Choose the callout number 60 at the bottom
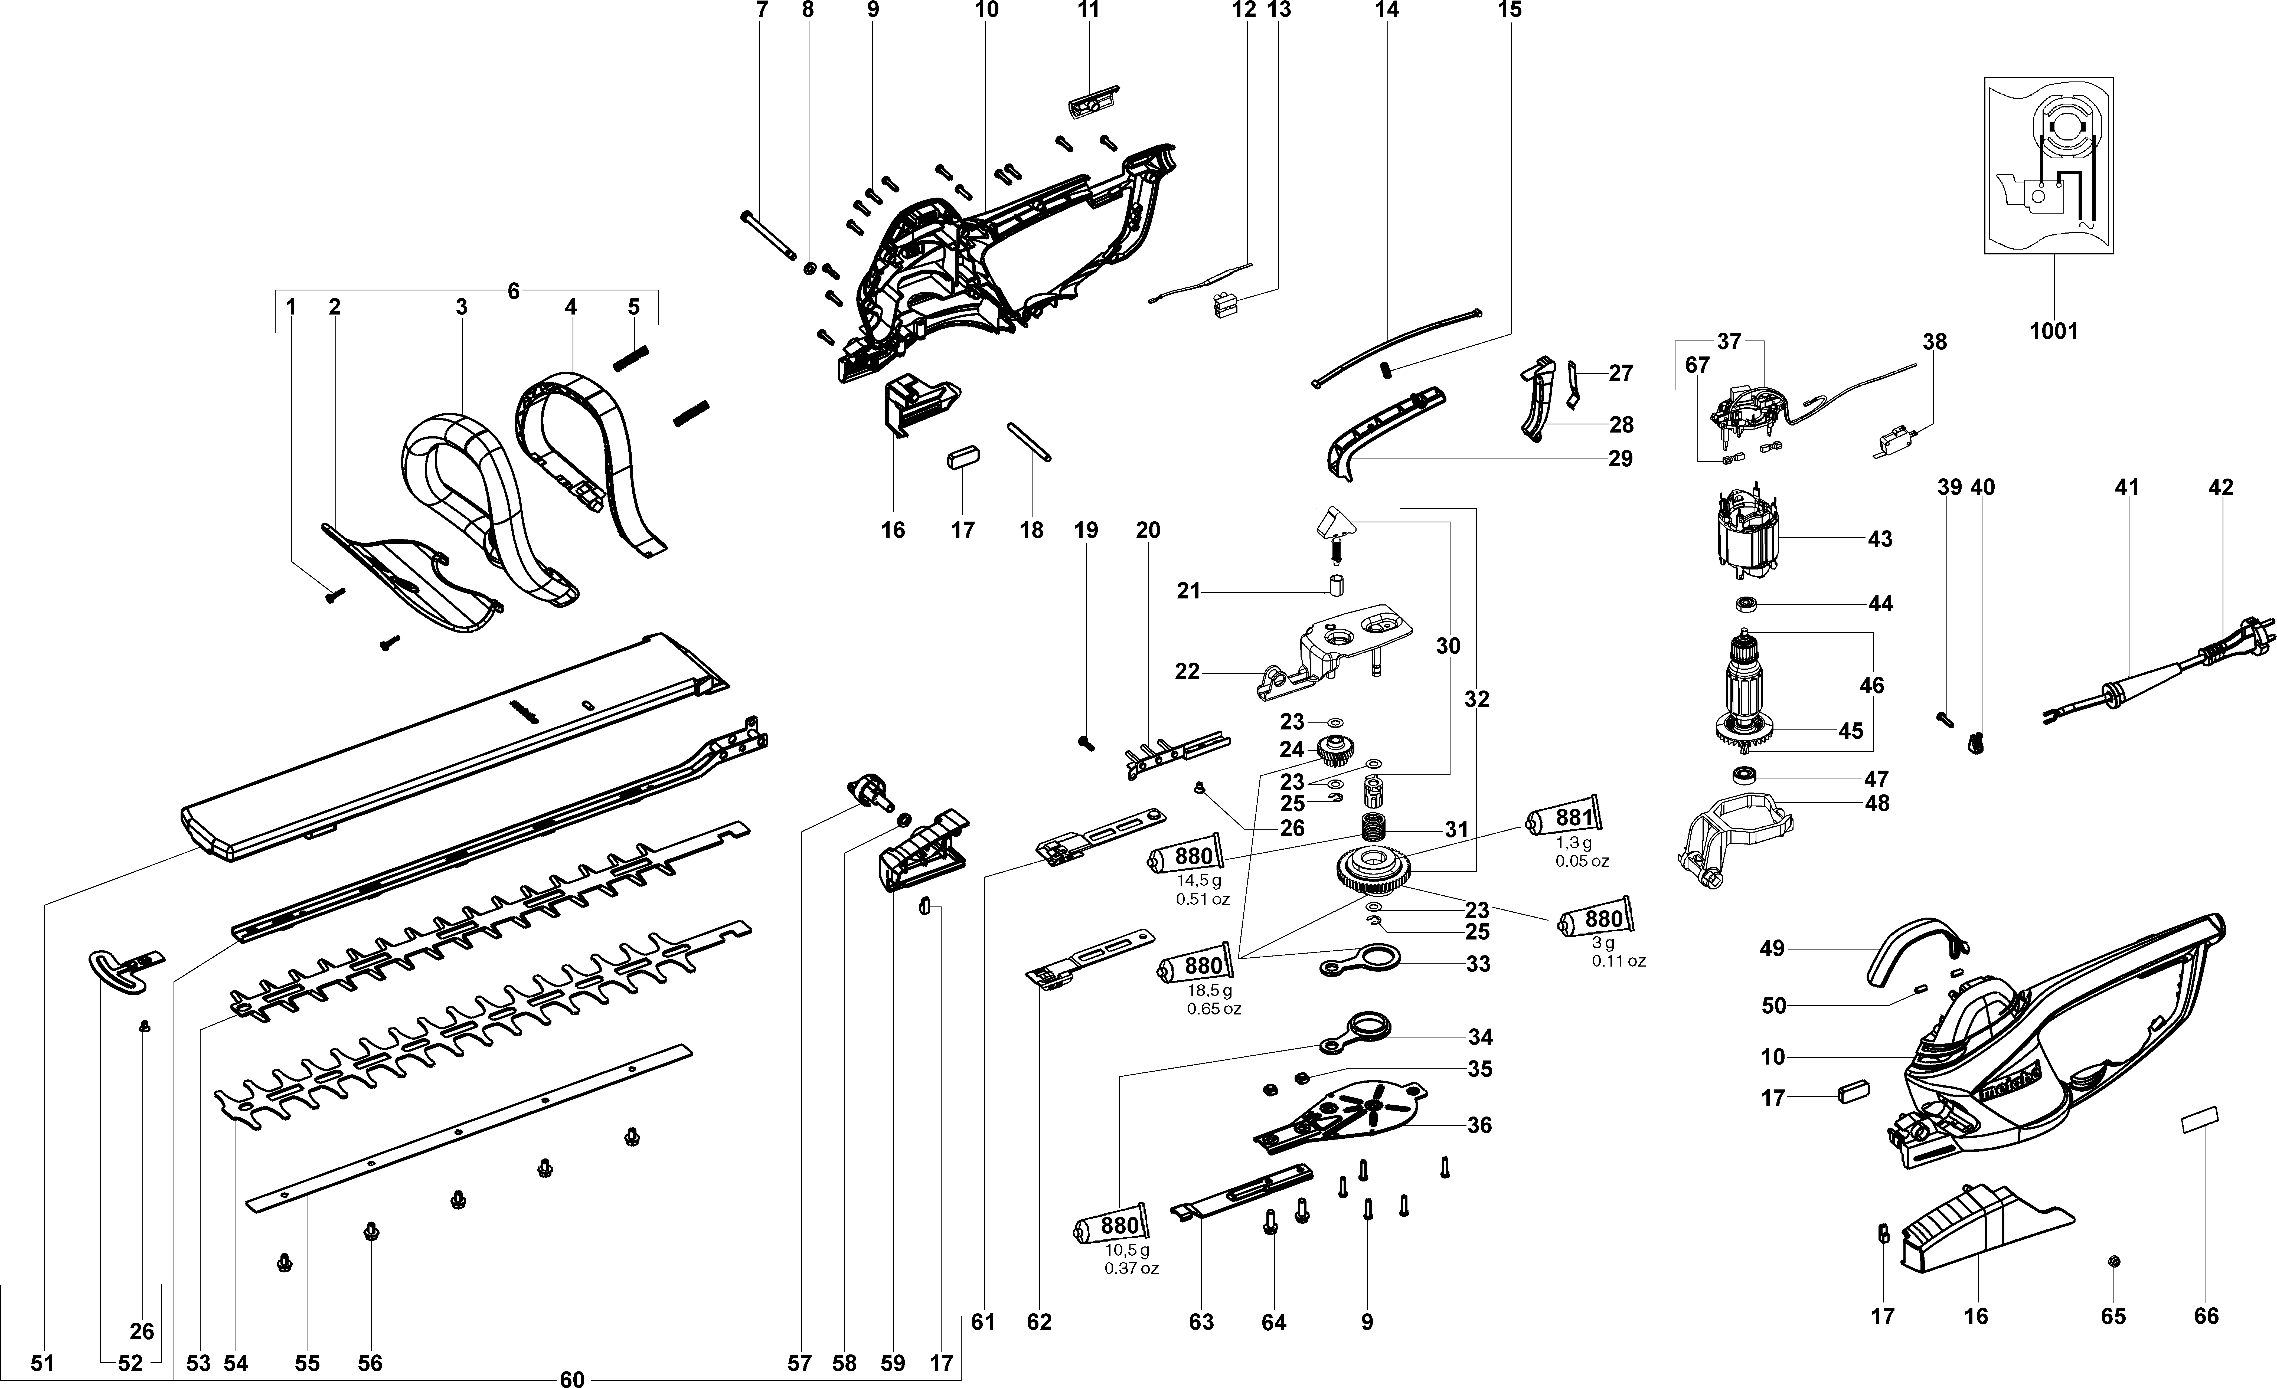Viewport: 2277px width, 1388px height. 572,1379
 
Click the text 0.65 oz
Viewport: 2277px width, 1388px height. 1213,1008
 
